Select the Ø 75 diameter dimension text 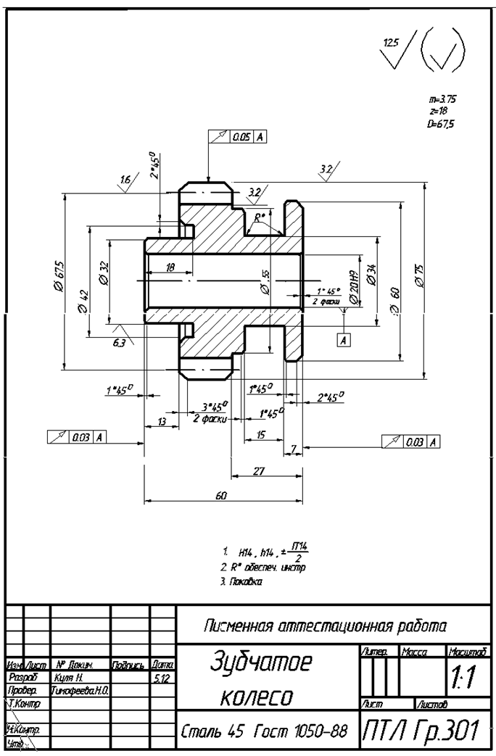click(418, 277)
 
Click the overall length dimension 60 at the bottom click(221, 495)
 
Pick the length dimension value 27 click(259, 470)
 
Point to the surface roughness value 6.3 click(120, 342)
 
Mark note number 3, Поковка click(243, 581)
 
